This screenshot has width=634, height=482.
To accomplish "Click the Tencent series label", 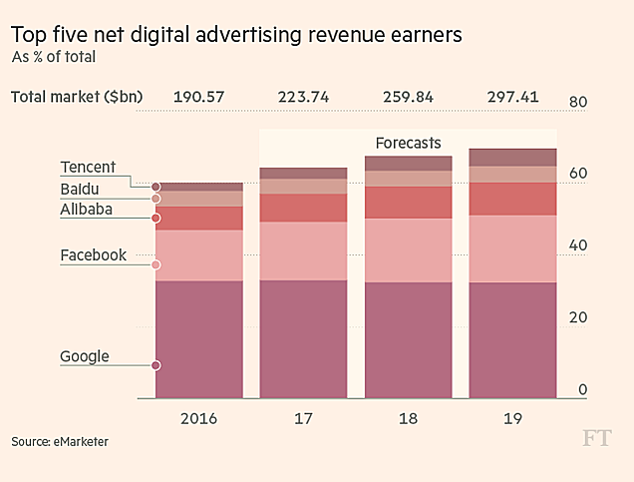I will (x=88, y=167).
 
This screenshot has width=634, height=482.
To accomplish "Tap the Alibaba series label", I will (x=86, y=210).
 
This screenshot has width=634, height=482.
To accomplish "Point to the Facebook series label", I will (x=93, y=255).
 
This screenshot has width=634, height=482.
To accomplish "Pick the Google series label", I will (x=85, y=356).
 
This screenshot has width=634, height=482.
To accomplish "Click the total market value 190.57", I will (x=199, y=97).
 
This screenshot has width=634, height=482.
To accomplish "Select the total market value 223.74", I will (x=304, y=97).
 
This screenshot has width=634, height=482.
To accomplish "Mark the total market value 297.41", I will (x=512, y=97).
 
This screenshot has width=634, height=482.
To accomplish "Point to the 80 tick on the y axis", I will (x=578, y=102).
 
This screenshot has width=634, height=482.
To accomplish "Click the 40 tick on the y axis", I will (x=578, y=245).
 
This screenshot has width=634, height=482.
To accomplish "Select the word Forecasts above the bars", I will (x=408, y=143).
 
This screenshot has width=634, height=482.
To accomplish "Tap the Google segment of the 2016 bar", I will (x=199, y=339).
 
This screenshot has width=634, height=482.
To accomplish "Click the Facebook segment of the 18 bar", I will (x=408, y=250).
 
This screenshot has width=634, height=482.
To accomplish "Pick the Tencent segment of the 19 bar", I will (x=512, y=157).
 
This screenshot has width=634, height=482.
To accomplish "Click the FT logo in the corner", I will (x=598, y=440).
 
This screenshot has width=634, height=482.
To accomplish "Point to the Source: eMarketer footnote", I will (x=60, y=441).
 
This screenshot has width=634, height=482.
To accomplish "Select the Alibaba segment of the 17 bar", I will (x=304, y=208).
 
